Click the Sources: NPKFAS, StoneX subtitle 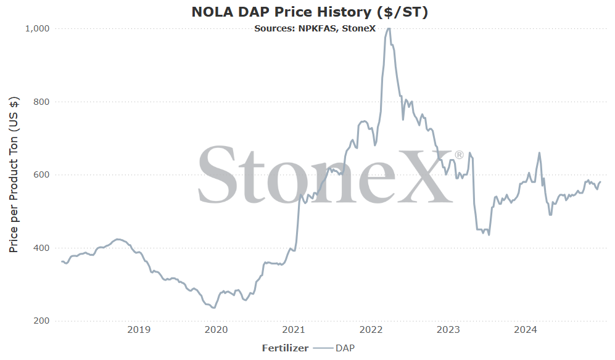(315, 28)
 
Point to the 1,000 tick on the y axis (37, 28)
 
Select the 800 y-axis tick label (42, 102)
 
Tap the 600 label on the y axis (42, 174)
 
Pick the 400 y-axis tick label (42, 248)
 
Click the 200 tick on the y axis (42, 321)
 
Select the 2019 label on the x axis (139, 330)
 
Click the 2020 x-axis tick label (216, 330)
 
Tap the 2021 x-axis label (294, 330)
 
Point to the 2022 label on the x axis (371, 330)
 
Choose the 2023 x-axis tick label (448, 330)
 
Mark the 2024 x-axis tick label (526, 330)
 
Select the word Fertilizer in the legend (285, 348)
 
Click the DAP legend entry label (345, 348)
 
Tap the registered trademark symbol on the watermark (458, 155)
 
